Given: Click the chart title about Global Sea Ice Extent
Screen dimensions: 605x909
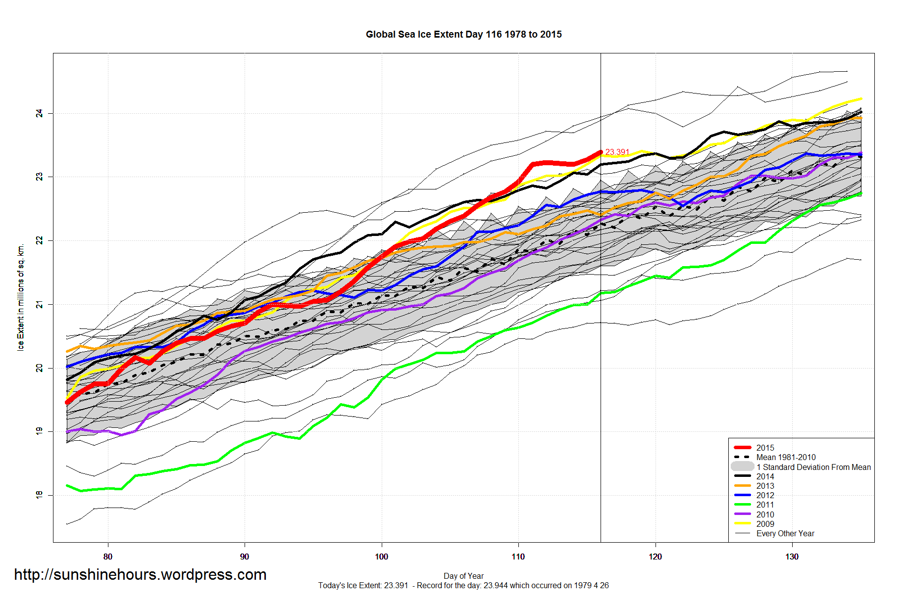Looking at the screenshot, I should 463,35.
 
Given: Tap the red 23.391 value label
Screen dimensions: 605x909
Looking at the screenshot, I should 617,152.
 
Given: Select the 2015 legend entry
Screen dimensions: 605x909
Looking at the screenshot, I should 765,448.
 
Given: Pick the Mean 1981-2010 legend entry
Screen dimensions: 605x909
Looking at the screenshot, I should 786,458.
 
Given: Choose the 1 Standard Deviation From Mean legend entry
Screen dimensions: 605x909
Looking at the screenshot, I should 813,467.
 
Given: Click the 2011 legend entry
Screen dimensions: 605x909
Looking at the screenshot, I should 765,505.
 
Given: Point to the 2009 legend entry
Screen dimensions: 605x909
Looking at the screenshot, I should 765,524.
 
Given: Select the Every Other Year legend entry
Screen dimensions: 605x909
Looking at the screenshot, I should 785,533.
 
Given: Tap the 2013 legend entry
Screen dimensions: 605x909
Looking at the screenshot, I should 765,486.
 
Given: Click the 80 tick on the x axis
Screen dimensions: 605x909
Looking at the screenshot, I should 108,557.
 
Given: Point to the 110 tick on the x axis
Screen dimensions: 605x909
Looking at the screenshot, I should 518,557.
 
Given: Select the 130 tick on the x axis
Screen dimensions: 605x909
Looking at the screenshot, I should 792,557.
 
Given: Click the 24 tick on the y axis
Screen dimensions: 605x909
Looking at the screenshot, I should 39,114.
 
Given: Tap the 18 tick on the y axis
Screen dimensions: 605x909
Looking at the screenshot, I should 39,495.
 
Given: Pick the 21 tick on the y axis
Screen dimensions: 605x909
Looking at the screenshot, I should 39,304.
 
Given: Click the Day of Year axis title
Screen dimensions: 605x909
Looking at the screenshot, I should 463,576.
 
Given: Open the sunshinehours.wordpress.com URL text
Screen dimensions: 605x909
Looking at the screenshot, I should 140,574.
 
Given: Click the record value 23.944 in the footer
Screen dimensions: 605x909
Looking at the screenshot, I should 496,585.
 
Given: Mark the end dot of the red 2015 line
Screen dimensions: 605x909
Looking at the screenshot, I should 601,152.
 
